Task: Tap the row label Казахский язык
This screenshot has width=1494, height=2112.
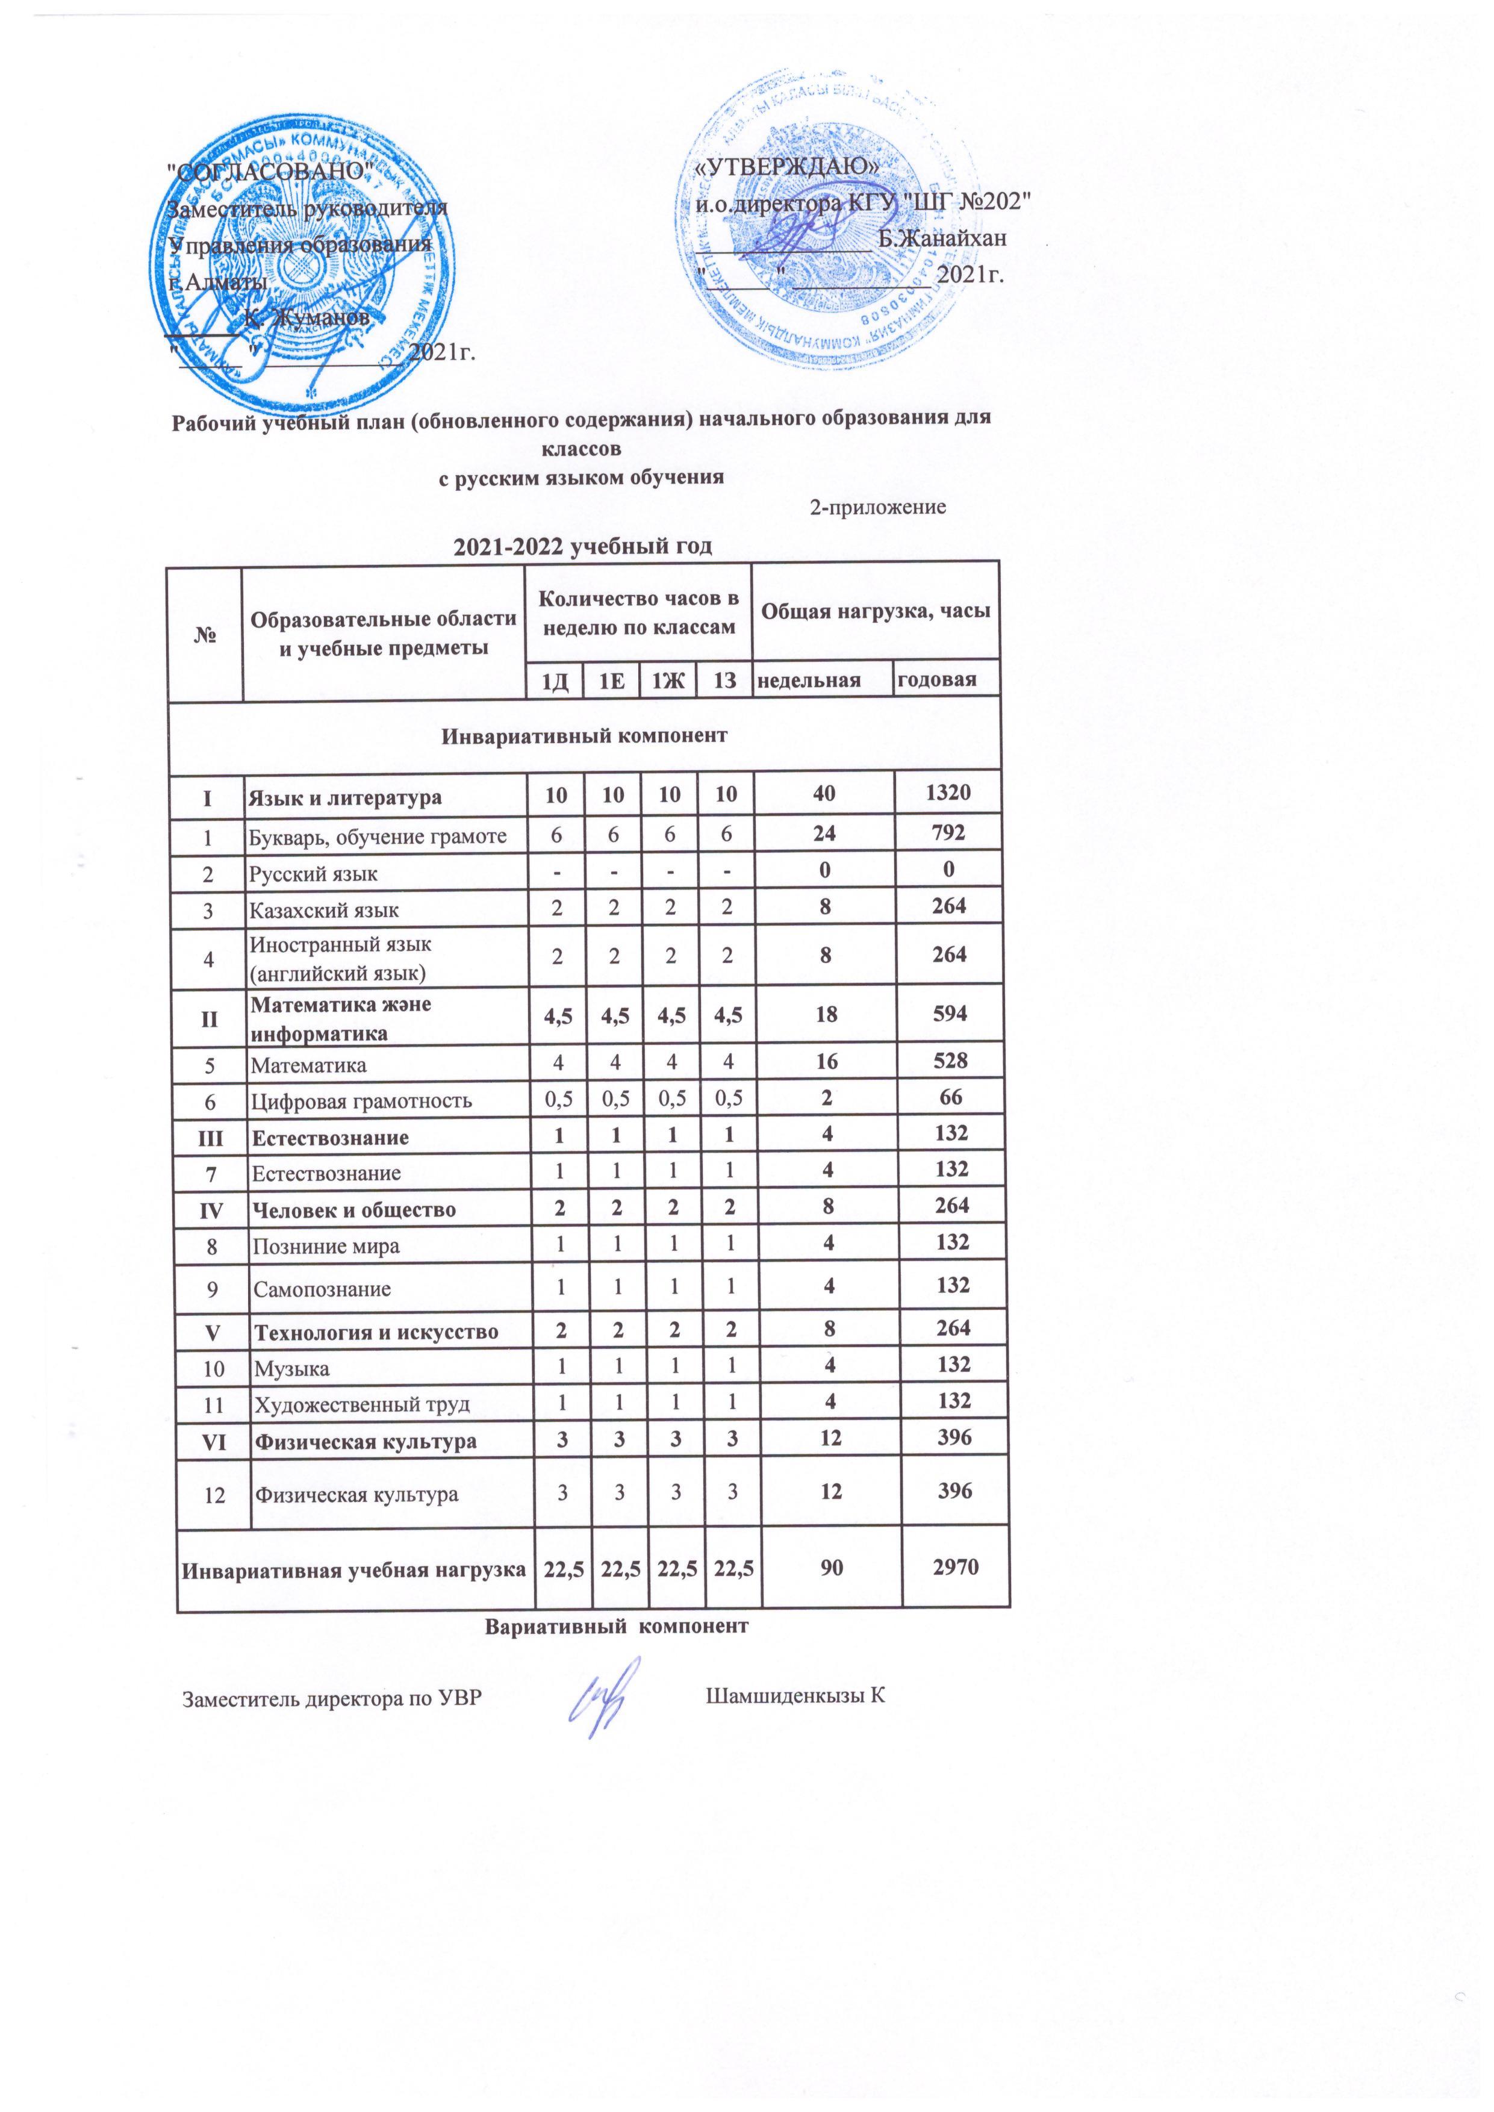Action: tap(325, 910)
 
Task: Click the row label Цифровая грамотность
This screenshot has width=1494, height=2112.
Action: tap(363, 1100)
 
